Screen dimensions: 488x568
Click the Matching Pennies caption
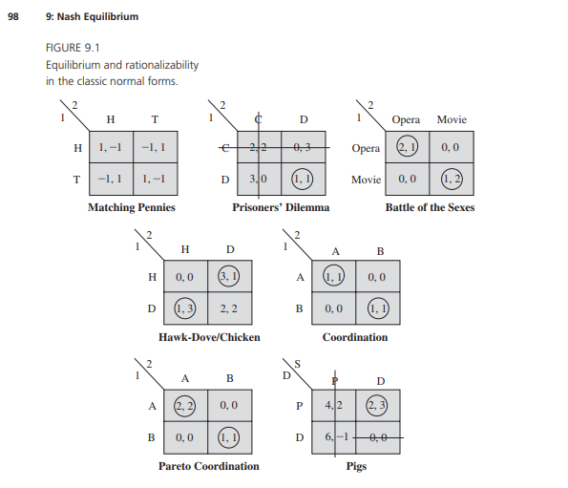click(x=131, y=206)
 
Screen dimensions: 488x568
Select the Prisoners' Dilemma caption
click(x=280, y=206)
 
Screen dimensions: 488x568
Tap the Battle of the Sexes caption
click(x=430, y=206)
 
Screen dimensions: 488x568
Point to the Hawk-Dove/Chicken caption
click(x=209, y=336)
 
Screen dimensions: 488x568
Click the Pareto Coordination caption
click(x=208, y=466)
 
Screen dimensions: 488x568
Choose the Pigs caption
click(x=355, y=466)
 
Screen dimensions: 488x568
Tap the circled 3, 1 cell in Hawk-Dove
click(x=231, y=278)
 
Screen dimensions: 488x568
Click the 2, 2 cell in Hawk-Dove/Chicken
click(x=231, y=308)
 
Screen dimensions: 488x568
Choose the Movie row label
click(x=366, y=179)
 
